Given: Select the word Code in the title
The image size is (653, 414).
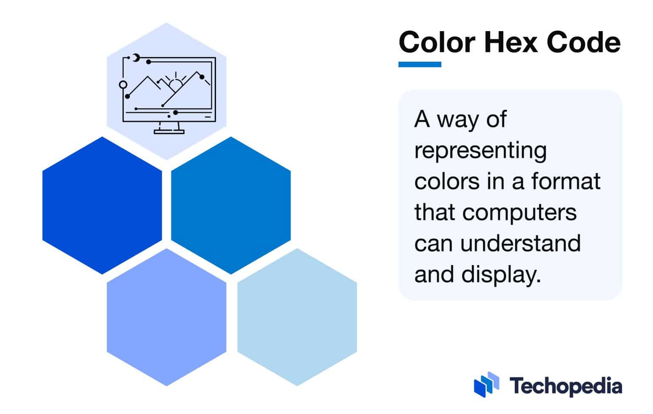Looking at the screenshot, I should (583, 43).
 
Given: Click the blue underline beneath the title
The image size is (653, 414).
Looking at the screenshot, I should (420, 65).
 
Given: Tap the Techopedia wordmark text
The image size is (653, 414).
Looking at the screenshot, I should (566, 386).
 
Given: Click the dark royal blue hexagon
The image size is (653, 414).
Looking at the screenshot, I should (102, 205).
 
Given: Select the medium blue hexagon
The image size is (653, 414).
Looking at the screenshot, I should (231, 205).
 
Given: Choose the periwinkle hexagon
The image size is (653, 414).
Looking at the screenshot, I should (166, 317).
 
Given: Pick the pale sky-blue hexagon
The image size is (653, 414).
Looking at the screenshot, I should (297, 317).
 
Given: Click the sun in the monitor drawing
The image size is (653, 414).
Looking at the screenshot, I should (175, 84).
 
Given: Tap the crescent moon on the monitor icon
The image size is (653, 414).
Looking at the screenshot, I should (136, 57).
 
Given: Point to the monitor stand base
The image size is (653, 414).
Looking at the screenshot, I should (169, 132).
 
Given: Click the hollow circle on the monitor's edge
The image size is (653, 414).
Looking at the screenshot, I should (123, 84).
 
